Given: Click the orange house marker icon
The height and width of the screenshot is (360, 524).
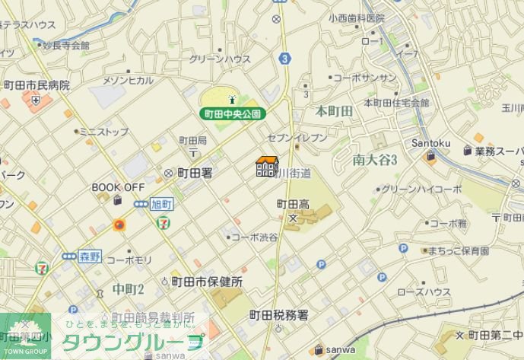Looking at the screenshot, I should point(266,166).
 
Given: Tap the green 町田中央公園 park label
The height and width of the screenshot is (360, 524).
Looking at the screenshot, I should point(233,113).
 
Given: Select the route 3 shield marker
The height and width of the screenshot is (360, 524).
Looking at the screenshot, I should point(284,57).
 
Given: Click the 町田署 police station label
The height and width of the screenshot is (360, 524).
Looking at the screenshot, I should point(194,174).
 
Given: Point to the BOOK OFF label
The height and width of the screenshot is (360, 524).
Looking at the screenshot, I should point(118,186).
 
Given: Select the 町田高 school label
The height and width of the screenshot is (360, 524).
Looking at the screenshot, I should point(293,204).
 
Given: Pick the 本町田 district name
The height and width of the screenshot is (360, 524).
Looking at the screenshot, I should point(335,111).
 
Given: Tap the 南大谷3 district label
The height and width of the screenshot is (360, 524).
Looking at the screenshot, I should point(376,159).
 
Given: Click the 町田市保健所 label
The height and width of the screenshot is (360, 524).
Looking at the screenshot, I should point(206,282).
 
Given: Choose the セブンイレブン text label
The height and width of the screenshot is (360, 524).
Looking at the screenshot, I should point(297,137).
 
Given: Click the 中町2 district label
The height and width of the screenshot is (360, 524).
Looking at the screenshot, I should point(128,288).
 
